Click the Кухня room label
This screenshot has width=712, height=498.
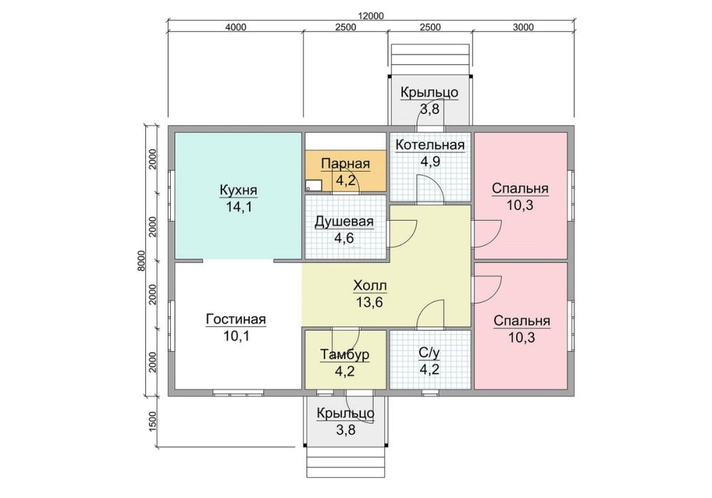(x=239, y=190)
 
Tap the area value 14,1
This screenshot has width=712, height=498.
(x=239, y=207)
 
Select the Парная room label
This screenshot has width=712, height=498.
(x=345, y=164)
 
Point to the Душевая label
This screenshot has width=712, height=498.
(x=344, y=222)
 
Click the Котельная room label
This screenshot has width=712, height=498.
(x=430, y=145)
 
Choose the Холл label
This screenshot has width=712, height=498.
(x=370, y=286)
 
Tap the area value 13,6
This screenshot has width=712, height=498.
(x=370, y=303)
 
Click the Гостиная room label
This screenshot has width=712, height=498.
(x=236, y=319)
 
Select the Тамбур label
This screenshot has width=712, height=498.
(x=345, y=354)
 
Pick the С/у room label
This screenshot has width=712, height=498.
(x=429, y=353)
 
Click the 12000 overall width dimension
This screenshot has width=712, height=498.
(x=371, y=16)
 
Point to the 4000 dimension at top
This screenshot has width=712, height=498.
(x=236, y=27)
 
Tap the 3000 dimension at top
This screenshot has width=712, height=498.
(x=523, y=27)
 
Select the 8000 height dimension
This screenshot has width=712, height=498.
(x=141, y=261)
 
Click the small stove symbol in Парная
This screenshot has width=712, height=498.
(x=313, y=185)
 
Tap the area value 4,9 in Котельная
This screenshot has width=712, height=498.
(x=430, y=162)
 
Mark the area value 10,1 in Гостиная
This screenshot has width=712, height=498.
(x=236, y=336)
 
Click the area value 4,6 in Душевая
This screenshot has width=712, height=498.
(x=344, y=238)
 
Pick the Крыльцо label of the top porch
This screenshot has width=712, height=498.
(x=429, y=92)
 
